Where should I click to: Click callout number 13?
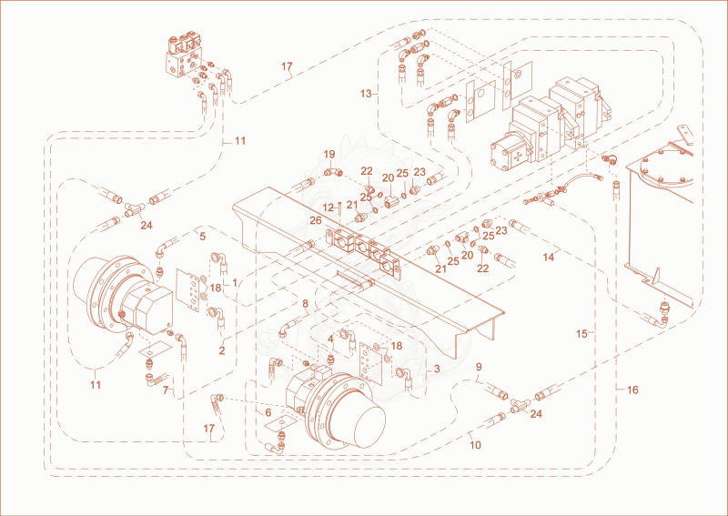[x=366, y=94]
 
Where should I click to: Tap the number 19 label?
[x=329, y=154]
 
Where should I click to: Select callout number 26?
[x=316, y=220]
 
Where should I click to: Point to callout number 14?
[x=549, y=257]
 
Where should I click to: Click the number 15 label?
[x=581, y=333]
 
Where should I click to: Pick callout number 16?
[x=632, y=390]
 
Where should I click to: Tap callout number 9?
[x=479, y=367]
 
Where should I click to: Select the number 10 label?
[x=475, y=445]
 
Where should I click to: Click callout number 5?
[x=202, y=237]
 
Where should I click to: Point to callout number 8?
[x=305, y=304]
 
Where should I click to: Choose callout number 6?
[x=268, y=412]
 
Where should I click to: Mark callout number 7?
[x=166, y=390]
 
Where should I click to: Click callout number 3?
[x=437, y=369]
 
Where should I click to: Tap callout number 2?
[x=222, y=350]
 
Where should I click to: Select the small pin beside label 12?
[x=341, y=207]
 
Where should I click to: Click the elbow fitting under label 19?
[x=333, y=173]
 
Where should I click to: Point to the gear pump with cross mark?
[x=511, y=154]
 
